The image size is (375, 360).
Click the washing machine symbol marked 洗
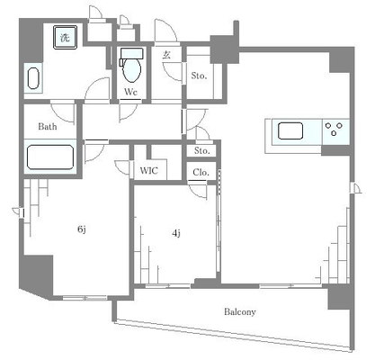coord(65,38)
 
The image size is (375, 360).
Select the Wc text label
coord(130,91)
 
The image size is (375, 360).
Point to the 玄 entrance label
coord(167,55)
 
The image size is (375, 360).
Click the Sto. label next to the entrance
coord(199,76)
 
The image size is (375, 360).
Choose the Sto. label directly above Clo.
coord(201,152)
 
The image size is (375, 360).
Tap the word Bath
coord(48,127)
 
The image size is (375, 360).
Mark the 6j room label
coord(81,229)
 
